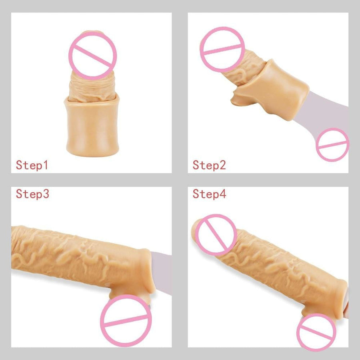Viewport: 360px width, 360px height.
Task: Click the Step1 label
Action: (32, 165)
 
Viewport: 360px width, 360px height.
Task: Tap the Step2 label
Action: (209, 165)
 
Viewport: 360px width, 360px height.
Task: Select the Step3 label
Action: (32, 194)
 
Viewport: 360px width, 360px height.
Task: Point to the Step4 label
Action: (209, 194)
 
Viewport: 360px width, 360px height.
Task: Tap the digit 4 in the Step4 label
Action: (222, 194)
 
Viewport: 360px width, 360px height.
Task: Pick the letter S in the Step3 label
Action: (20, 194)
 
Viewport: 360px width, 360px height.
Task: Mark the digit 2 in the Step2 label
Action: (222, 165)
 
